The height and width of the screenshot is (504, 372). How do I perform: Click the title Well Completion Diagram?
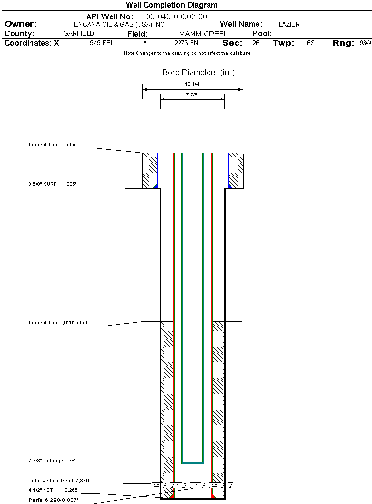171,5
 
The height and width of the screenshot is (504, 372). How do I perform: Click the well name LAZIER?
289,24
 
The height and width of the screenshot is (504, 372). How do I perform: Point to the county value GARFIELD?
79,34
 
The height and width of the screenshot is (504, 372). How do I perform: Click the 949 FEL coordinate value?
102,43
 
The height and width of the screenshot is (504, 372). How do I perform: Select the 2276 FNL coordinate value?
188,43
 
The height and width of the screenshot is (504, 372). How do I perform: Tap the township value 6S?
311,43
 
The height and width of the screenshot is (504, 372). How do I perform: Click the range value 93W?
365,43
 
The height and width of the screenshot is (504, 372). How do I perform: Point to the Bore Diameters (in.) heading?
198,73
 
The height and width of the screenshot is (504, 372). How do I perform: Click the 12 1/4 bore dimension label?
192,84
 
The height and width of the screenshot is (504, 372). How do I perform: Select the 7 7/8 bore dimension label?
192,95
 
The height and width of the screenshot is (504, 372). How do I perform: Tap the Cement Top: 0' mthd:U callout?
55,145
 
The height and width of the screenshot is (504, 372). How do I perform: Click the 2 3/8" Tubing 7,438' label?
52,461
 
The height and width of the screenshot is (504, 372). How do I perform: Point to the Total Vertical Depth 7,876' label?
60,481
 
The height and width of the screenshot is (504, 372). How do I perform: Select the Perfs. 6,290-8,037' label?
53,499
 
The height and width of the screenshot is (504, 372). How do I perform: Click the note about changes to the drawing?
187,53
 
